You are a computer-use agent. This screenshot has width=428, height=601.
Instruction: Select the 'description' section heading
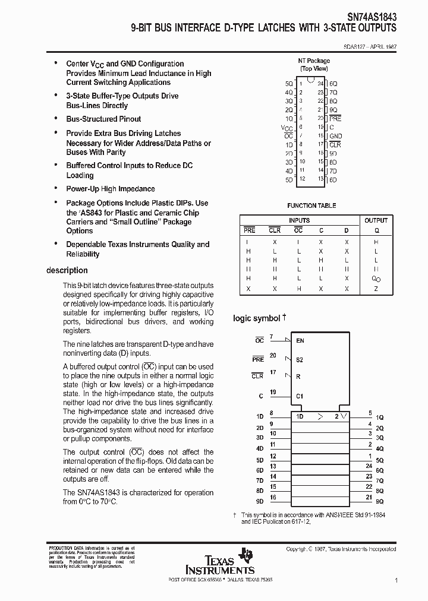coord(67,271)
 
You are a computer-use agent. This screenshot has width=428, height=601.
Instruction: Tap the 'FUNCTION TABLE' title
coord(312,205)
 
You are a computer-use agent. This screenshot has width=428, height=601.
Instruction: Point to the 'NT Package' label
coord(314,61)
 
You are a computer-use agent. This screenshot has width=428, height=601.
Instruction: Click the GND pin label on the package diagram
coord(336,135)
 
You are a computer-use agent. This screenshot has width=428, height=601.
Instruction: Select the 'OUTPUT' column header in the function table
coord(376,220)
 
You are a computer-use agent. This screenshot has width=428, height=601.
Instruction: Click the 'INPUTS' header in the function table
coord(299,220)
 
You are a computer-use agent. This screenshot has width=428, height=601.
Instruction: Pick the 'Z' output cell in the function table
coord(376,288)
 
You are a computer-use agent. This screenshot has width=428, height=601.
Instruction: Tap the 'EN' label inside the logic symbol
coord(300,341)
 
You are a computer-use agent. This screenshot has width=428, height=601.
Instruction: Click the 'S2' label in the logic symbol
coord(300,360)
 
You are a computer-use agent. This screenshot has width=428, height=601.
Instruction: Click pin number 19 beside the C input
coord(273,392)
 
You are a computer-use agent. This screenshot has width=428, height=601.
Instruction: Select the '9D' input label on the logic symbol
coord(259,501)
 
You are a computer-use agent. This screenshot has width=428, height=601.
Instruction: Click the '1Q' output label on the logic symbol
coord(380,417)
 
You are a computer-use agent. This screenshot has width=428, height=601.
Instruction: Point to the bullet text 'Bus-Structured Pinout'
coord(103,119)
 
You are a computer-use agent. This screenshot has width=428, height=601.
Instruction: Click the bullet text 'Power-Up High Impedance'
coord(110,189)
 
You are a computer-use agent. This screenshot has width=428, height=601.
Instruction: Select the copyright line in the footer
coord(341,549)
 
